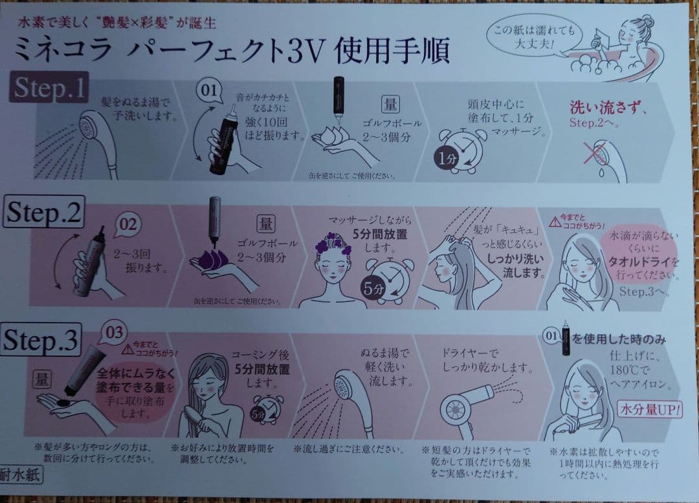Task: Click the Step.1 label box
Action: [49, 88]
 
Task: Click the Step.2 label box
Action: [43, 214]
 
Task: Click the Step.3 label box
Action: [42, 341]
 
